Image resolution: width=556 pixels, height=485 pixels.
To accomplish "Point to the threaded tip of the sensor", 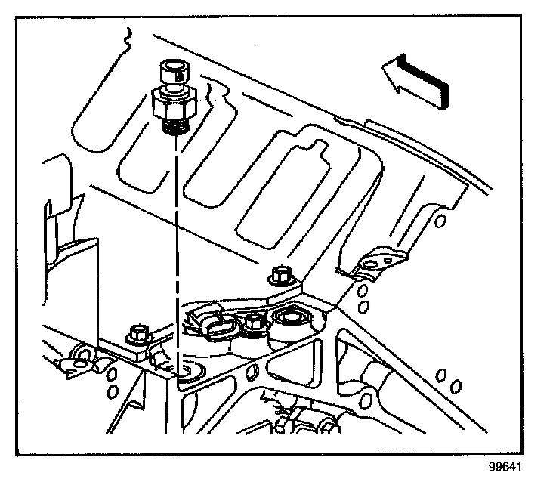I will coord(175,122).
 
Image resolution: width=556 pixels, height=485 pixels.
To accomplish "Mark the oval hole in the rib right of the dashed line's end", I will coord(252,370).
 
